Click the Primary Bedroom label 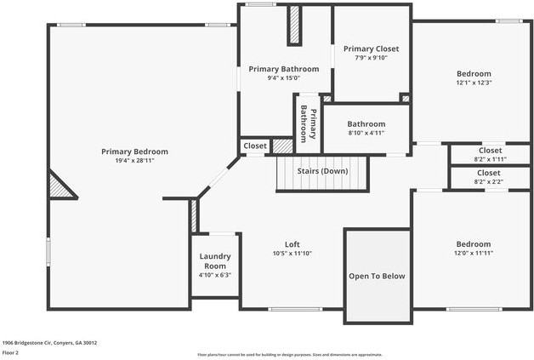pos(134,151)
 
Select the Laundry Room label pos(215,261)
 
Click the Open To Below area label pos(377,276)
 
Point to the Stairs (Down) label pos(322,171)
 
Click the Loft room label pos(292,244)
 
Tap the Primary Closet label pos(371,49)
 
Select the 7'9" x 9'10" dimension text pos(371,58)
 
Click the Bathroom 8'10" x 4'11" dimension pos(366,133)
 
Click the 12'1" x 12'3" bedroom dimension pos(474,83)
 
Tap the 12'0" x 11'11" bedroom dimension pos(473,253)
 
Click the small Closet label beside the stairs pos(255,146)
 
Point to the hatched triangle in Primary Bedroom pos(60,186)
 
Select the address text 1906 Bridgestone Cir pos(49,343)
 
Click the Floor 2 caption pos(10,352)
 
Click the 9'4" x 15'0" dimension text pos(283,78)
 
